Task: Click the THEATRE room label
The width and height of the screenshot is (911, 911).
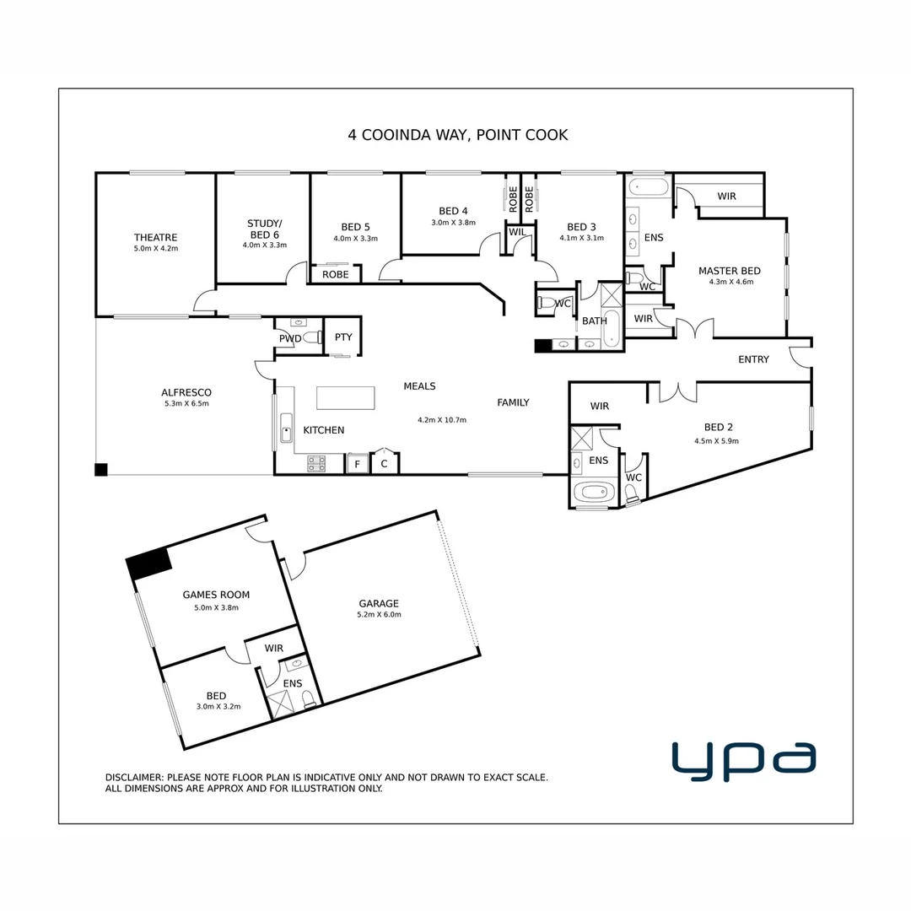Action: pos(155,237)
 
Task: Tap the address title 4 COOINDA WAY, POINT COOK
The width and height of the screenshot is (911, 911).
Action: pos(458,134)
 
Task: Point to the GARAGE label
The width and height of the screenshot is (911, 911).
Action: pos(378,603)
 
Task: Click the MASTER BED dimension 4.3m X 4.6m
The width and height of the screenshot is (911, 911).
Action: pos(729,282)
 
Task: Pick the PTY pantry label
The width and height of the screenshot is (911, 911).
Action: pos(342,337)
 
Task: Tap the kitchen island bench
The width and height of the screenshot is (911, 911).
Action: pos(345,397)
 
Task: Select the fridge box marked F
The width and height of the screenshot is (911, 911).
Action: pos(357,464)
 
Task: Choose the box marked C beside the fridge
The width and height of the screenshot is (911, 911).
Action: pos(384,464)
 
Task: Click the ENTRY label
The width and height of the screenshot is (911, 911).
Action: pos(753,359)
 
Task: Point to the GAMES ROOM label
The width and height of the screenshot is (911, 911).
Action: pos(216,595)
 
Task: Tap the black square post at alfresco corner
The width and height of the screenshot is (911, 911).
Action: pos(101,470)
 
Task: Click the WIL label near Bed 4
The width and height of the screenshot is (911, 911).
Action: pos(517,231)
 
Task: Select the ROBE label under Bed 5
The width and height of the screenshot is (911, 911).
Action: pos(335,274)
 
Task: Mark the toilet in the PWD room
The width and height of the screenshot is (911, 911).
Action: pos(311,338)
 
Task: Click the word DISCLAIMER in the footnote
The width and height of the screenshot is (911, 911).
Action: pos(133,778)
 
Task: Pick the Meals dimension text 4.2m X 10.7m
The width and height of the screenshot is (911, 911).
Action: pos(442,420)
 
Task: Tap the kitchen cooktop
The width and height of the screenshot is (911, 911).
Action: pos(317,462)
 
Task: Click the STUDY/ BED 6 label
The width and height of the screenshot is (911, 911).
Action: pos(264,229)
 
